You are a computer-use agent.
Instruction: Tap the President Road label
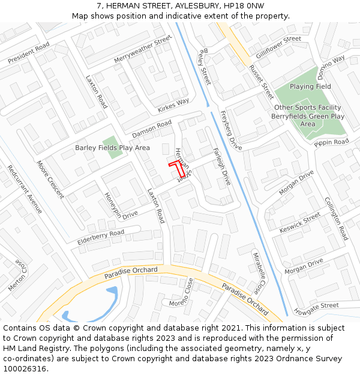28,53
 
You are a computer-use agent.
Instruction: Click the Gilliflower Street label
278,47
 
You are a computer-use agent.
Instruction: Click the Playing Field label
310,86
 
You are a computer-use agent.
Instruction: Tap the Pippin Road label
331,142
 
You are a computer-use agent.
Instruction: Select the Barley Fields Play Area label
112,148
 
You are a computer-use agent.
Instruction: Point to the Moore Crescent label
50,179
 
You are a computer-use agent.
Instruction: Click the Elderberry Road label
101,236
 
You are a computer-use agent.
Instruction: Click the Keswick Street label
300,224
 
